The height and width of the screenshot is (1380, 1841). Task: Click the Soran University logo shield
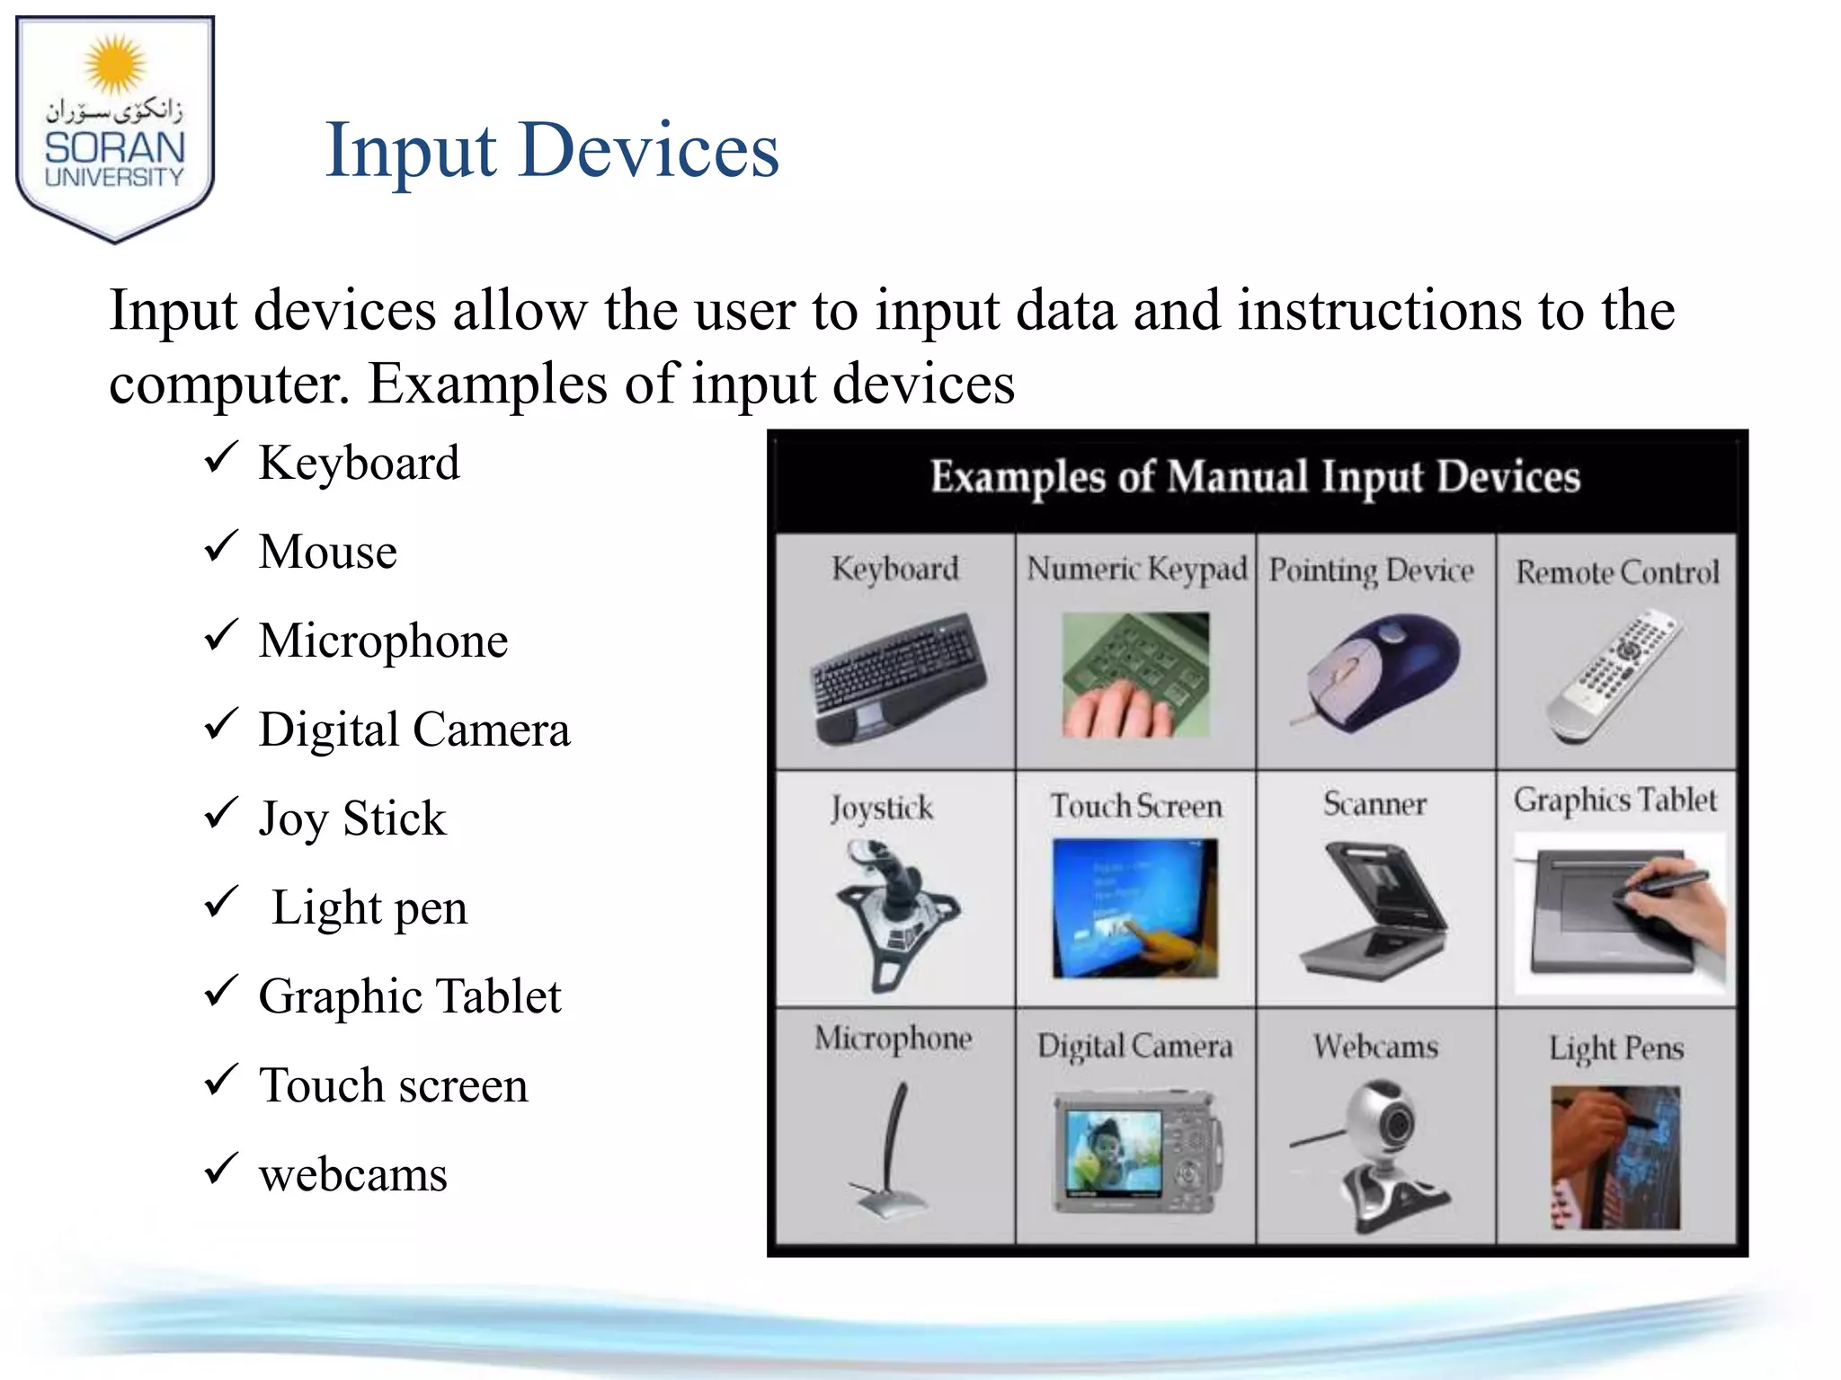[x=115, y=128]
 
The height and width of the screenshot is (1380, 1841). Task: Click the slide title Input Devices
[x=551, y=150]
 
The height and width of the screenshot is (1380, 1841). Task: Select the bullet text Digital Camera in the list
[x=414, y=729]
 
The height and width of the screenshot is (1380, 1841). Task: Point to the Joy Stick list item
[x=351, y=818]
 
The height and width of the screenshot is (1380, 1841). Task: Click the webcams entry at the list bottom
[x=352, y=1174]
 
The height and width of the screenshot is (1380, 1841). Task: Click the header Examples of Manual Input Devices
[x=1255, y=477]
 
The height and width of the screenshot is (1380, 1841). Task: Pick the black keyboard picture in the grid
[x=897, y=678]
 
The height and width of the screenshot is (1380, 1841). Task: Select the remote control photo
[x=1614, y=676]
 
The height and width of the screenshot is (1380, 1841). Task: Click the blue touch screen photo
[x=1134, y=907]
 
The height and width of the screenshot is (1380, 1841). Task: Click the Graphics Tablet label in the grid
[x=1614, y=800]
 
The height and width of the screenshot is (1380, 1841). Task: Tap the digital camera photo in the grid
[x=1136, y=1153]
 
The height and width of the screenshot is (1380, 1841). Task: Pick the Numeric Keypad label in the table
[x=1136, y=570]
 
